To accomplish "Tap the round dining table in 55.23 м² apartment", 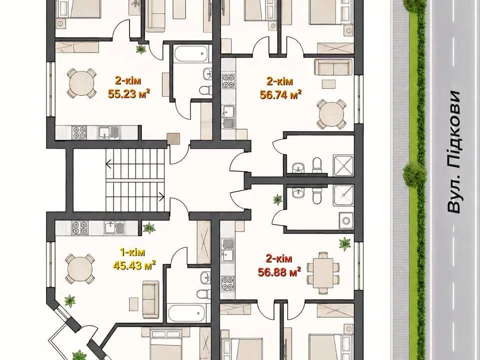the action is coord(81,83).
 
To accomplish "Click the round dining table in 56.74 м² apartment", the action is coord(331,114).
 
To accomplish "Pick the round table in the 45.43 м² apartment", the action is coord(79,269).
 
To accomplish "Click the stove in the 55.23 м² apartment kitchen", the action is coord(79,132).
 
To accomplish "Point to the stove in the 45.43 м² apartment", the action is coord(79,228).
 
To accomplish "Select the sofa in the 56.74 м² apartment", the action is coord(333,67).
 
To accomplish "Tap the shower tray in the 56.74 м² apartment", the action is coord(343,165).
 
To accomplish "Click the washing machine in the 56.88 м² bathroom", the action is coord(346,220).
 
